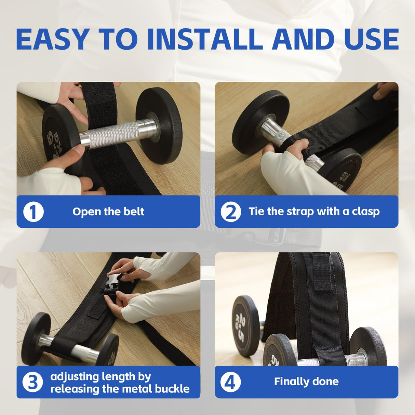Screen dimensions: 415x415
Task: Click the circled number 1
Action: (33, 212)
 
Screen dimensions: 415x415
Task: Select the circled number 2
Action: (231, 212)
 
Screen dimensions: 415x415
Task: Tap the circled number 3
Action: (32, 382)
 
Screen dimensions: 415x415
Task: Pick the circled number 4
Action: (230, 382)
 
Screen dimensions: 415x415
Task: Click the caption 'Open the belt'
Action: (108, 212)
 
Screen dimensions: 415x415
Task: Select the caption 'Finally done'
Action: (306, 381)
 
